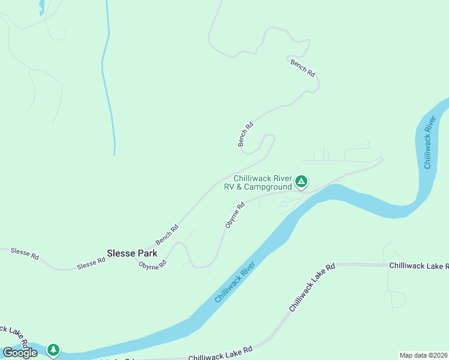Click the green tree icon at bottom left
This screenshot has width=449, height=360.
tap(53, 350)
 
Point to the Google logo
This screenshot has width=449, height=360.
tap(20, 353)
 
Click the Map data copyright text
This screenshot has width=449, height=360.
tap(423, 355)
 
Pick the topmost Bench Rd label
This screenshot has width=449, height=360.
tap(303, 67)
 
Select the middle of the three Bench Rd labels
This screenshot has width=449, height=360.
tap(246, 134)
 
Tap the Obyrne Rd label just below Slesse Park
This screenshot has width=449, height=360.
tap(152, 265)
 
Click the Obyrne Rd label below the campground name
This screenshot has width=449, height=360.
tap(235, 215)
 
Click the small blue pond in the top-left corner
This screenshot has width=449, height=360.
tap(41, 7)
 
